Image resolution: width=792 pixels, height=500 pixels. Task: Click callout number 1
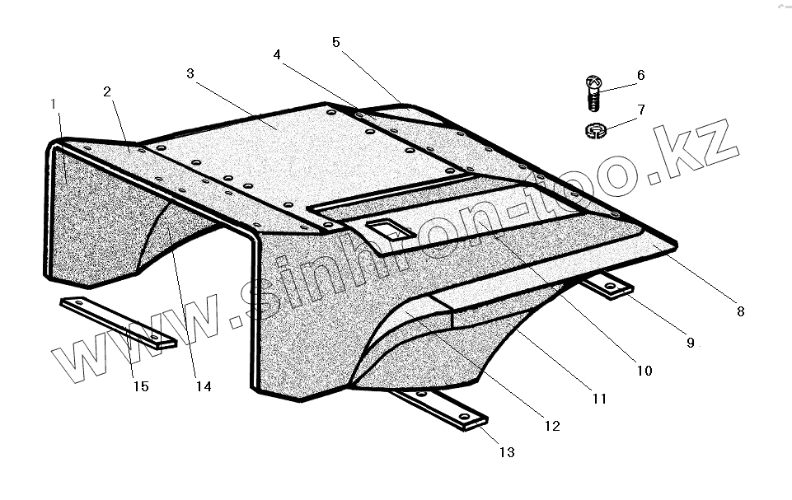[53, 104]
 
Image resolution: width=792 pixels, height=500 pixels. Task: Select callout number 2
[107, 91]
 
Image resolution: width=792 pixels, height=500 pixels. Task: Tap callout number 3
[190, 73]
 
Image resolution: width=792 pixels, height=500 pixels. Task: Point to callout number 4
[277, 54]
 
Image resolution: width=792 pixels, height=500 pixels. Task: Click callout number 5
[336, 42]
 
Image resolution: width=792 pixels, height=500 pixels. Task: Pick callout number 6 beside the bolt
[640, 76]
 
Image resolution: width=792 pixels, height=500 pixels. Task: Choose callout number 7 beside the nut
[640, 110]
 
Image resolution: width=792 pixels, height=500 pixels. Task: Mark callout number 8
[740, 311]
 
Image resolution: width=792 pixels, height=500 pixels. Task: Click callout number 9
[691, 342]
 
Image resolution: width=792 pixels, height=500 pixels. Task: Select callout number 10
[644, 371]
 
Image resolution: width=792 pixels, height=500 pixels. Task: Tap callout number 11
[599, 398]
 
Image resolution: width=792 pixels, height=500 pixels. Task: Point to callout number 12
[551, 426]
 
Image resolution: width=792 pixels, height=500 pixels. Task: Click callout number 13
[507, 451]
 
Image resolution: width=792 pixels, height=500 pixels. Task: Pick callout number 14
[204, 386]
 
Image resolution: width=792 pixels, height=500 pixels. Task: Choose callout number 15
[141, 386]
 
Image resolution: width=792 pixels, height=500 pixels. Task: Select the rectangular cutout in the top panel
[383, 230]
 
